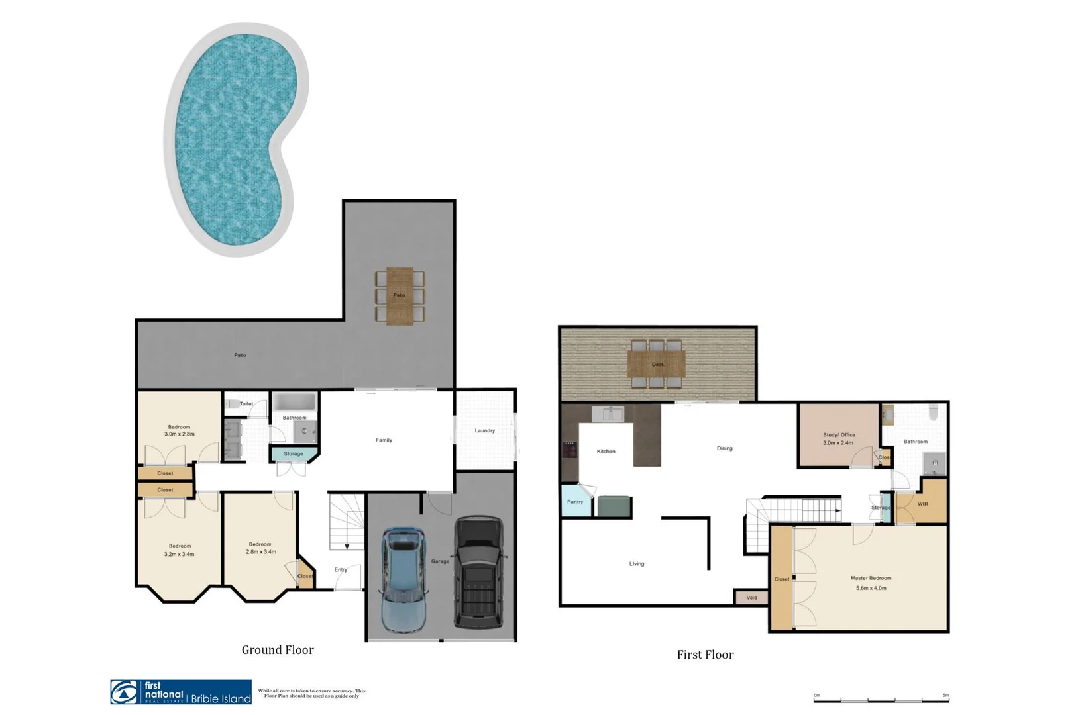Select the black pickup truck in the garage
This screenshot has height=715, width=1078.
[478, 573]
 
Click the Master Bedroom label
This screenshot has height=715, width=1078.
[871, 578]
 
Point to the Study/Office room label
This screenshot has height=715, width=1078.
[838, 435]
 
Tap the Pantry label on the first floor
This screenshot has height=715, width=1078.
[575, 502]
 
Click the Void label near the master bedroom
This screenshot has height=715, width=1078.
[751, 598]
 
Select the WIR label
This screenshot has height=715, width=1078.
[923, 504]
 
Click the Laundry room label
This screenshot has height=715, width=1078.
[484, 431]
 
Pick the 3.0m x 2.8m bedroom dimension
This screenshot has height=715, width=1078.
[179, 434]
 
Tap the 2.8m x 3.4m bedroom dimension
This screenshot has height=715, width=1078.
[260, 552]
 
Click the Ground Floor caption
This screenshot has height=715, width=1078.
[278, 650]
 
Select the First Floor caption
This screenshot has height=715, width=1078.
[705, 655]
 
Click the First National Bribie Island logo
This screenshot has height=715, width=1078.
[181, 692]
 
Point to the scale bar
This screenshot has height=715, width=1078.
[881, 699]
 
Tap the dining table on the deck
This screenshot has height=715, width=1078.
[657, 363]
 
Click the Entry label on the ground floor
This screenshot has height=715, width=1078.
[341, 570]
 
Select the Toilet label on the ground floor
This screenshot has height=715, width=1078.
[246, 404]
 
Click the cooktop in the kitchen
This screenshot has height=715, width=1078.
[569, 450]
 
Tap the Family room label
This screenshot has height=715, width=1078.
[384, 440]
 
